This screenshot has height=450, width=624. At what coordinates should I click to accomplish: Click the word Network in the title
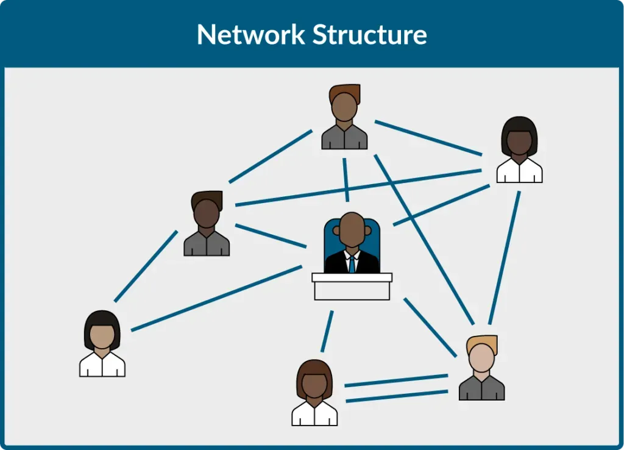point(251,35)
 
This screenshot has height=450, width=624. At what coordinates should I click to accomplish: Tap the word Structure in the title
point(370,35)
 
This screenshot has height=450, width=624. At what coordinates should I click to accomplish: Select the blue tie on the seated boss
point(352,264)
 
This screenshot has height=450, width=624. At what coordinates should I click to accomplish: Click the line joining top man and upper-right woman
point(428,138)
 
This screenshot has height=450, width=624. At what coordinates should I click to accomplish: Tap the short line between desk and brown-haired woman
point(327,331)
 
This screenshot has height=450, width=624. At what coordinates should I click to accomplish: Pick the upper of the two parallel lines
point(396,380)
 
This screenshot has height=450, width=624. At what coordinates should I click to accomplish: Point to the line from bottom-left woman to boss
point(216,298)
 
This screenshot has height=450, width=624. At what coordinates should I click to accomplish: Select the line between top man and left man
point(271,155)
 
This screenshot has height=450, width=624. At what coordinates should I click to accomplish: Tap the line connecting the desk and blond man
point(430,327)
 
